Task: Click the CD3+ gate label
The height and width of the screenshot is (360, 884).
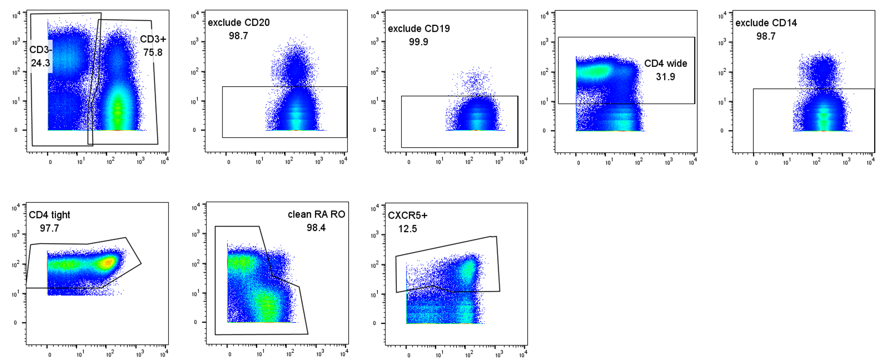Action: (x=153, y=40)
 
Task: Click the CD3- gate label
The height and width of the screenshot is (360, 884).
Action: (x=41, y=50)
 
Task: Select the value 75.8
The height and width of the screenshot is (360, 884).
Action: (x=153, y=53)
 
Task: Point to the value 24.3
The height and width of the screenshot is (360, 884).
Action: (x=40, y=63)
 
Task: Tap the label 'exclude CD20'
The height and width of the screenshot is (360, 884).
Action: (x=239, y=22)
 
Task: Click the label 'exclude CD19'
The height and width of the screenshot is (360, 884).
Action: (x=419, y=29)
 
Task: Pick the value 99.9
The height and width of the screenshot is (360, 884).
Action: (x=418, y=42)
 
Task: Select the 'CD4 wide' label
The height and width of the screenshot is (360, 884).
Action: (x=665, y=64)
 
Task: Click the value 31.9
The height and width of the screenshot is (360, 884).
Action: (x=665, y=77)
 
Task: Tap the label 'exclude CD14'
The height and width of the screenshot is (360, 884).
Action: (x=766, y=23)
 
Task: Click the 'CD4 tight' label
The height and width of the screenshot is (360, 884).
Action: (x=49, y=215)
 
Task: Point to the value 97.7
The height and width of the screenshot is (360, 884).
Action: (x=49, y=228)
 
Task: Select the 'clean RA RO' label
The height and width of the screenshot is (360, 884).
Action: (x=316, y=215)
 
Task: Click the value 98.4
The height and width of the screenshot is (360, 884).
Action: (x=316, y=228)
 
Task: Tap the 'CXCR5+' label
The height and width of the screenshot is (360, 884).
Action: (x=407, y=215)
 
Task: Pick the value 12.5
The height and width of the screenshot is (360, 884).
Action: (x=407, y=229)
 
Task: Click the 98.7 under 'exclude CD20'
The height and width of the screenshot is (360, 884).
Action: (x=238, y=36)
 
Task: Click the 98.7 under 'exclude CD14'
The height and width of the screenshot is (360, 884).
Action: (x=766, y=36)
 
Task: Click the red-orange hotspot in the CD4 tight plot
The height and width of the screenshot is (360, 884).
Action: (x=107, y=263)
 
